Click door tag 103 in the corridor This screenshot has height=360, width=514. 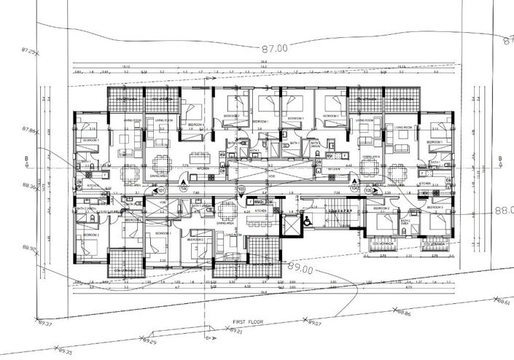[x=241, y=189]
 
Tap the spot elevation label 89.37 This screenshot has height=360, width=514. [x=45, y=324]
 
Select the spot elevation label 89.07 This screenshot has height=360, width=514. [x=315, y=322]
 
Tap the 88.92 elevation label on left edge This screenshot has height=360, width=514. [x=29, y=249]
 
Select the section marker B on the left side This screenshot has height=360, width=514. [x=27, y=157]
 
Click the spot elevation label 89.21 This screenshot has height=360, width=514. [x=235, y=332]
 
